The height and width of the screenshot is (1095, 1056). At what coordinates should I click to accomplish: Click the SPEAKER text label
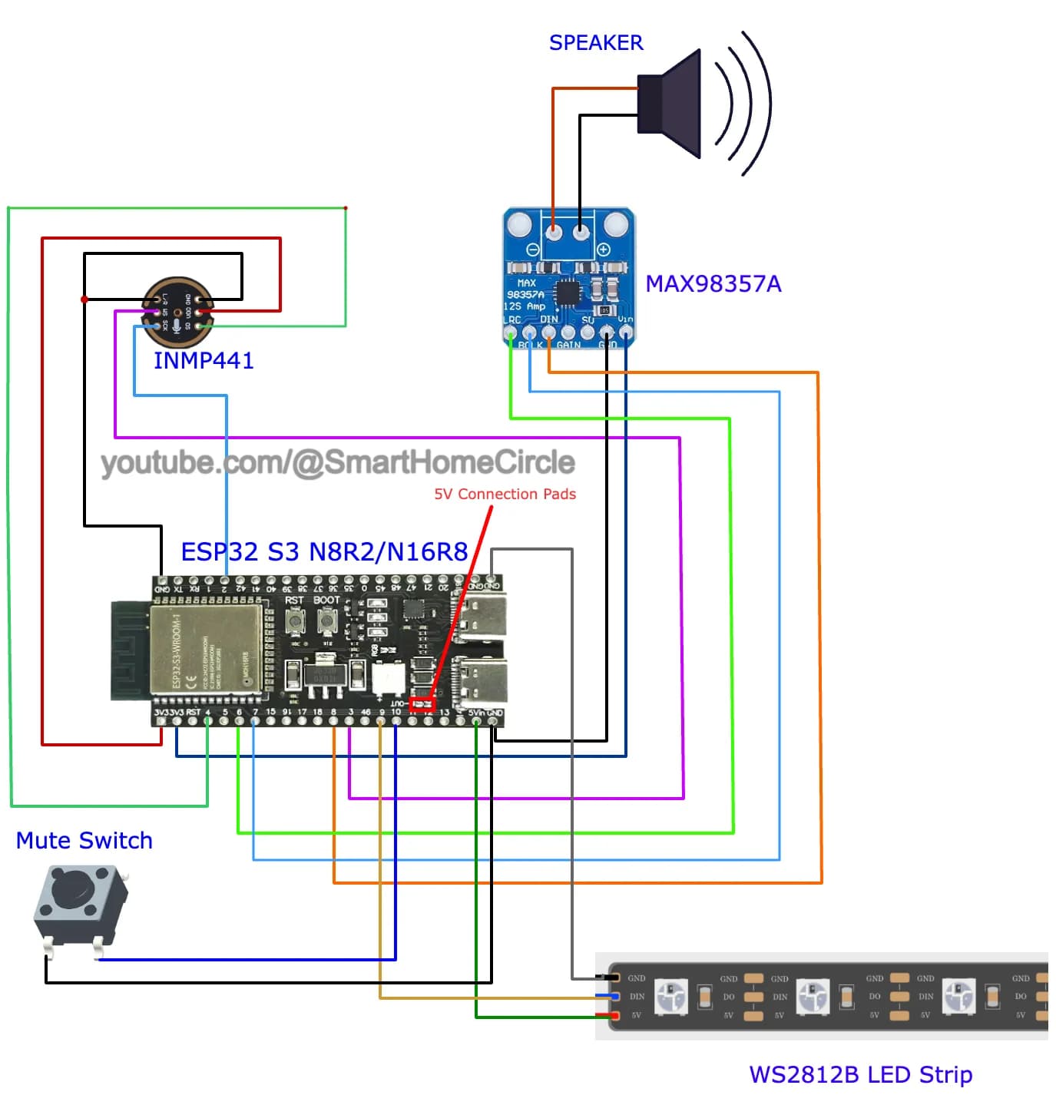pyautogui.click(x=595, y=43)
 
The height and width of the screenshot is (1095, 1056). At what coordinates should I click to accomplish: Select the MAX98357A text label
pyautogui.click(x=713, y=284)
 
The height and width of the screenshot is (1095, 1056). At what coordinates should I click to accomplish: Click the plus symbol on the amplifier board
pyautogui.click(x=603, y=249)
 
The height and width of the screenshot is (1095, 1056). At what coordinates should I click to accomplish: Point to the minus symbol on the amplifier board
pyautogui.click(x=532, y=249)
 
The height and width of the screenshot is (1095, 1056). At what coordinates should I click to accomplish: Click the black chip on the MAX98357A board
pyautogui.click(x=568, y=293)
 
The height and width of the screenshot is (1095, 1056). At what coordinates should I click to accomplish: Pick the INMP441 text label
pyautogui.click(x=204, y=360)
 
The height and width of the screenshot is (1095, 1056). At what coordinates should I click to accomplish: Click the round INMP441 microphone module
pyautogui.click(x=177, y=311)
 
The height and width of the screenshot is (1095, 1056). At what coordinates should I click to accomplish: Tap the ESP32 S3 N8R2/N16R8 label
pyautogui.click(x=324, y=551)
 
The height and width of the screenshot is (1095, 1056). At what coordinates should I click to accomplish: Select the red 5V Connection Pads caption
pyautogui.click(x=505, y=494)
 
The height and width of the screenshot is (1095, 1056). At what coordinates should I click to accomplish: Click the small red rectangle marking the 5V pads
pyautogui.click(x=422, y=703)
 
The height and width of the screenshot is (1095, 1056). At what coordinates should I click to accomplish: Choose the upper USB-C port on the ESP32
pyautogui.click(x=482, y=614)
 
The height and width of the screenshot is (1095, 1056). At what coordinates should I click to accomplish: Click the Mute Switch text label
pyautogui.click(x=84, y=840)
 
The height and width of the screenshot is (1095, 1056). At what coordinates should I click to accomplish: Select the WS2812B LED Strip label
pyautogui.click(x=860, y=1074)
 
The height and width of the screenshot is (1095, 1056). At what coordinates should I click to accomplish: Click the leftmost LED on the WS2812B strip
pyautogui.click(x=670, y=996)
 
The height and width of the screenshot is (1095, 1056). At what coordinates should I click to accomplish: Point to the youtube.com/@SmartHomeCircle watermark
pyautogui.click(x=338, y=462)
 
